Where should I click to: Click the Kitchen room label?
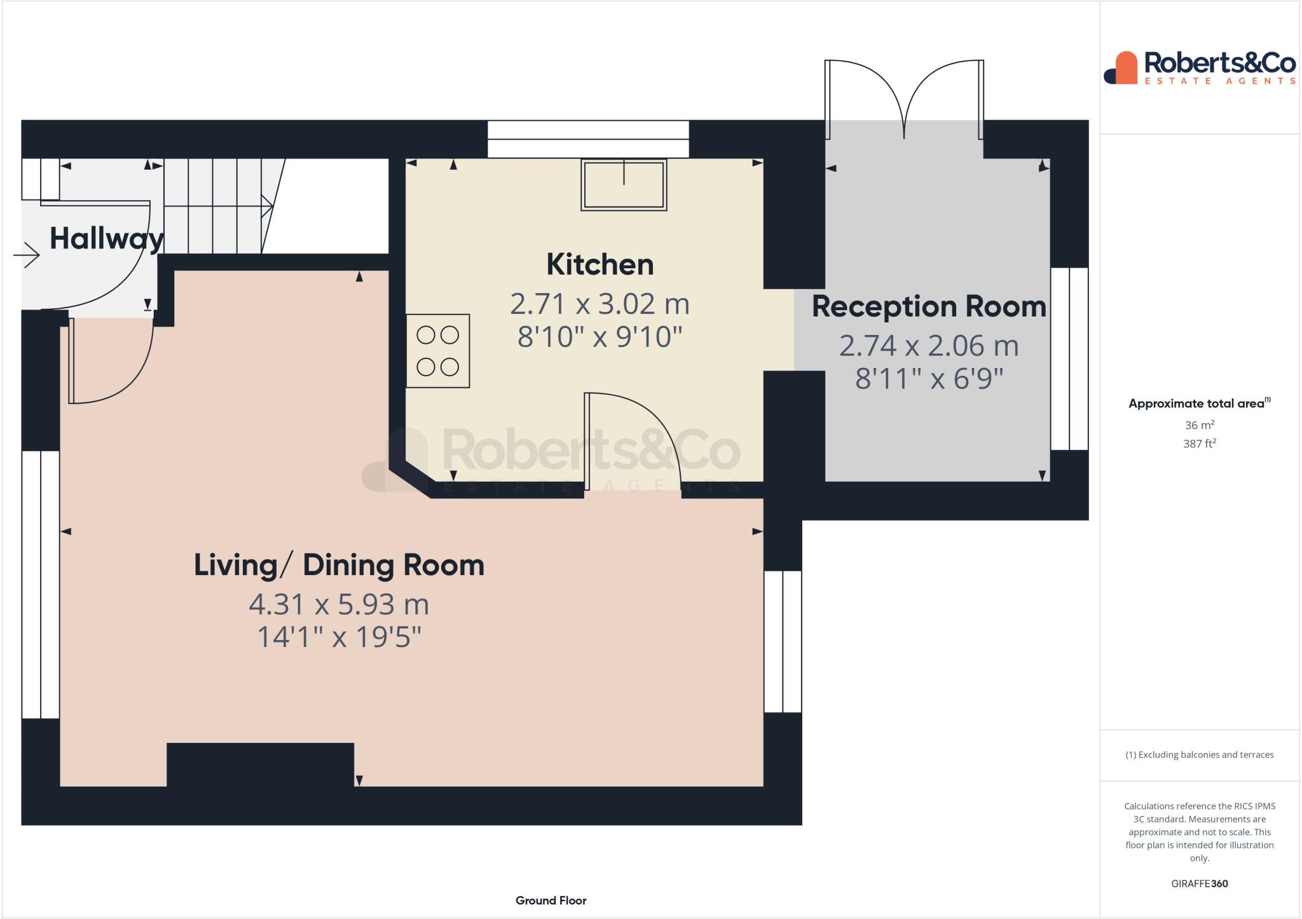[600, 264]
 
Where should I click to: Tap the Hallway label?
[106, 239]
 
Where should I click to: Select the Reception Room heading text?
[929, 307]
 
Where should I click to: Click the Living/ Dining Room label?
[339, 565]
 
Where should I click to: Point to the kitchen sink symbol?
[624, 184]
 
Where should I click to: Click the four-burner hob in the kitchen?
[437, 351]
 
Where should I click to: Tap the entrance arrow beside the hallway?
[27, 255]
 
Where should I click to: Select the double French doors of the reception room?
[904, 99]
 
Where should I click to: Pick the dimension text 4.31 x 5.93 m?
[339, 604]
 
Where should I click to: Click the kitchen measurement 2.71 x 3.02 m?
[600, 304]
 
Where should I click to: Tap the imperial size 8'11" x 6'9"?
[929, 379]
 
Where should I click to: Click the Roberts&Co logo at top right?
[1200, 68]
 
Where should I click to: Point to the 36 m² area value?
[1199, 425]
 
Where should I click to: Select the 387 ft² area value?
[1199, 444]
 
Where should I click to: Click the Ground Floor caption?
[551, 901]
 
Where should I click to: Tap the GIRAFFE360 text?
[1199, 883]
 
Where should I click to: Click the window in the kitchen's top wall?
[588, 139]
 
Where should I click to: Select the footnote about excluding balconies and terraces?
[1199, 755]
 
